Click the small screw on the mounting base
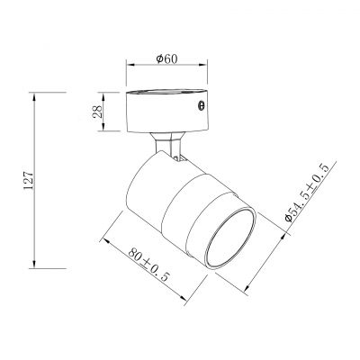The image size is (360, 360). click(201, 107)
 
